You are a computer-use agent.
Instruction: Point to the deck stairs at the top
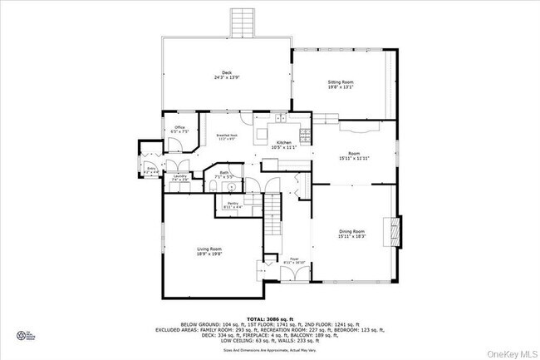(242, 22)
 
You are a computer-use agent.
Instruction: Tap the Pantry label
(230, 204)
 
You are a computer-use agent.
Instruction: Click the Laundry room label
(179, 176)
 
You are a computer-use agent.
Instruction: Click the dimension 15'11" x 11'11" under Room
(354, 158)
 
